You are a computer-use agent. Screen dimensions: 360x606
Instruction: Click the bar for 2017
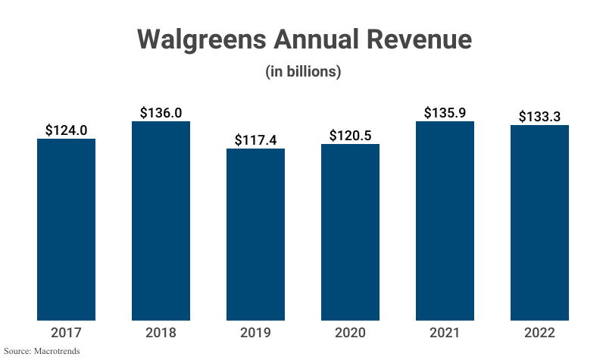[x=66, y=230]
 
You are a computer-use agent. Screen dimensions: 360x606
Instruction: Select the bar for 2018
[x=161, y=221]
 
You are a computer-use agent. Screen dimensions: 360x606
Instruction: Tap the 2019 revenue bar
[x=255, y=234]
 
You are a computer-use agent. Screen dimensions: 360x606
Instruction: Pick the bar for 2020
[x=350, y=232]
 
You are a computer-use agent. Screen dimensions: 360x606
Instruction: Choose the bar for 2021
[x=445, y=221]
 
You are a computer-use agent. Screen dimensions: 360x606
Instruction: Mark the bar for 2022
[x=539, y=223]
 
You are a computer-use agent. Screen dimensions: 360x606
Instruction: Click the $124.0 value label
[x=66, y=130]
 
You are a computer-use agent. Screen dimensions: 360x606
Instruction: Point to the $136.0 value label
[x=161, y=112]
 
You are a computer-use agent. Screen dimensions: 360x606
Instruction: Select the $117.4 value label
[x=255, y=139]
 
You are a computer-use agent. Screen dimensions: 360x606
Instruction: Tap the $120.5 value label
[x=350, y=135]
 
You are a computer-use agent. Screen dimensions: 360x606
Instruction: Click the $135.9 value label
[x=445, y=112]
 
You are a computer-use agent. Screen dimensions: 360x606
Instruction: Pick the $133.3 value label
[x=539, y=116]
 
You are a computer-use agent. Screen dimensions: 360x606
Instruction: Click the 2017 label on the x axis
[x=66, y=333]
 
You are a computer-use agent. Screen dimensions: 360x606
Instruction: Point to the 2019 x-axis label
[x=255, y=333]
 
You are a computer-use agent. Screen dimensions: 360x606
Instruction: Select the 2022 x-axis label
[x=539, y=333]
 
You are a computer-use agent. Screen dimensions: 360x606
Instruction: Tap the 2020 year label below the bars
[x=350, y=333]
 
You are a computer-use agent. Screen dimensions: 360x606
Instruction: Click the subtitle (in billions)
[x=303, y=72]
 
